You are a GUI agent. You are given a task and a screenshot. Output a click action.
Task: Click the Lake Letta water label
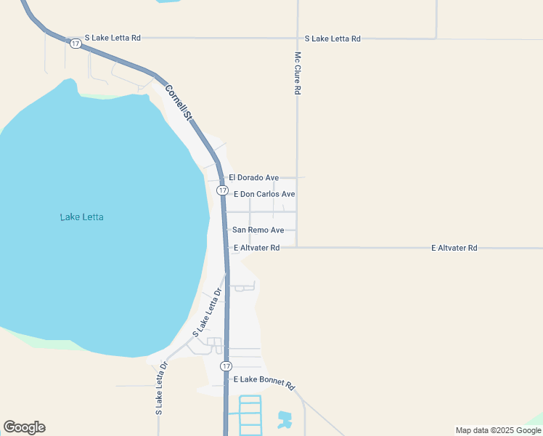(81, 217)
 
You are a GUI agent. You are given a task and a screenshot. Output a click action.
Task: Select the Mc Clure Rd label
(298, 73)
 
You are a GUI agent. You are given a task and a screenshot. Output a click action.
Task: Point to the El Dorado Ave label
(253, 177)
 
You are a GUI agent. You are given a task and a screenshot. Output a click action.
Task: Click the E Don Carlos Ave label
(264, 194)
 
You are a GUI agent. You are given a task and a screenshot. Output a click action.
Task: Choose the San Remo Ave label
(258, 230)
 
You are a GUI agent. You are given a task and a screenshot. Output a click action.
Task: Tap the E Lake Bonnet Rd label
(262, 381)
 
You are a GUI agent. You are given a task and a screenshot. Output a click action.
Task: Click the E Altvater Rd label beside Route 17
(256, 248)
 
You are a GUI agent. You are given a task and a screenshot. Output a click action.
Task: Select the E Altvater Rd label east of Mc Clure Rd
(454, 248)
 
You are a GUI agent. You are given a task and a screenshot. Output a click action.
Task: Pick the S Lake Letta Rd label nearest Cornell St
(113, 37)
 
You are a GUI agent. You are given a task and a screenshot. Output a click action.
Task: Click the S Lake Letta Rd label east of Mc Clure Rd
(332, 39)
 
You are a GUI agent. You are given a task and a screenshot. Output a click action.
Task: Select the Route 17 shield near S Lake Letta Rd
(75, 44)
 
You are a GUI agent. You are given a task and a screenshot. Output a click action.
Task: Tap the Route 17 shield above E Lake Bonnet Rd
(226, 366)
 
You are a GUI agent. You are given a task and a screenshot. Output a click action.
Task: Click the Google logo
(24, 427)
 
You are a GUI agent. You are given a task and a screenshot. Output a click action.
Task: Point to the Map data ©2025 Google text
(498, 430)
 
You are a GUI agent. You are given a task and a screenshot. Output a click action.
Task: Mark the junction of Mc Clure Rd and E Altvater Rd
(298, 247)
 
